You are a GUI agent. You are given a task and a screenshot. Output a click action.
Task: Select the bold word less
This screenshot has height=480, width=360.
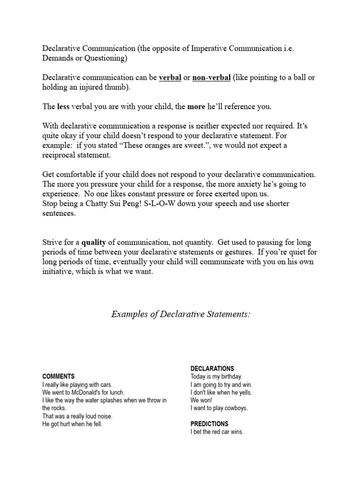pyautogui.click(x=63, y=106)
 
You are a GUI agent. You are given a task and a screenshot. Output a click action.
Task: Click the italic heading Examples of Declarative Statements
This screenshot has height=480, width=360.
pyautogui.click(x=180, y=314)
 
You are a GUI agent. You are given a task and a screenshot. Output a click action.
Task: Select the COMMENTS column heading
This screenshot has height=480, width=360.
pyautogui.click(x=58, y=376)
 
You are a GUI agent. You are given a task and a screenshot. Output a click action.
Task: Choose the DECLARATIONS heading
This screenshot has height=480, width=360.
pyautogui.click(x=212, y=368)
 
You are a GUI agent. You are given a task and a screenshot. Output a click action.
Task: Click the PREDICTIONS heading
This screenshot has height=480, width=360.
pyautogui.click(x=210, y=424)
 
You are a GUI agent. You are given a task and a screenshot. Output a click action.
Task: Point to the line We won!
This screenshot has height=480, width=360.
pyautogui.click(x=201, y=400)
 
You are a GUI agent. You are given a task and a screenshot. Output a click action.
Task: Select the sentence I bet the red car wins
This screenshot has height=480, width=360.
pyautogui.click(x=217, y=432)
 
